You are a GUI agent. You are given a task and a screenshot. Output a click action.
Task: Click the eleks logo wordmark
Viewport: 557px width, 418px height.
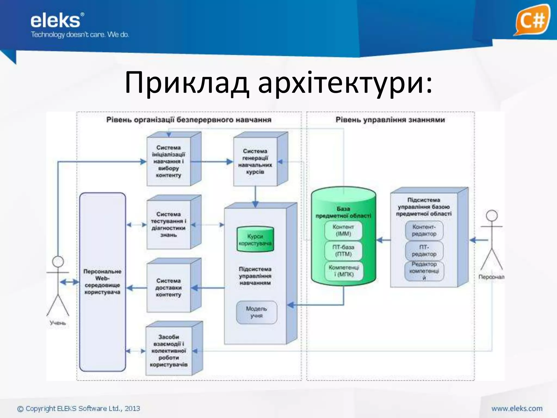[55, 21]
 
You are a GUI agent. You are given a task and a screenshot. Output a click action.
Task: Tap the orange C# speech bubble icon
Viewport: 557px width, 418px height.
[532, 20]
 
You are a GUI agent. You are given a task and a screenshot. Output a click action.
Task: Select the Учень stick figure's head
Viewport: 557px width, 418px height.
[58, 262]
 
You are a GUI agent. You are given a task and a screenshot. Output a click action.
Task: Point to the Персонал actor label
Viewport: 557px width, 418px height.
[491, 277]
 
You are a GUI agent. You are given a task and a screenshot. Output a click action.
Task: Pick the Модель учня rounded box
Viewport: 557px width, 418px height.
[256, 312]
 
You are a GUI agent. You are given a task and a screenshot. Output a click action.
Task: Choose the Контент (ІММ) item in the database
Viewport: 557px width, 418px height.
[343, 230]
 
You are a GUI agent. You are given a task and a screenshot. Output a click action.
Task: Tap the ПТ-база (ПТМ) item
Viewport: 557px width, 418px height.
[343, 251]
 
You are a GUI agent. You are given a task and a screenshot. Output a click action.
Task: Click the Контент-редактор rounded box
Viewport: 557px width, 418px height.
[424, 230]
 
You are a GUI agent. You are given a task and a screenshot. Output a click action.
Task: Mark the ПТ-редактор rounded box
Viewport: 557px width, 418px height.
[424, 251]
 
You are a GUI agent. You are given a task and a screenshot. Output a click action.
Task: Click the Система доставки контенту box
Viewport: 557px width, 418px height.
[169, 288]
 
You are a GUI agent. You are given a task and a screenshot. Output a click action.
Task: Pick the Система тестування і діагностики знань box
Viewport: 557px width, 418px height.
[169, 225]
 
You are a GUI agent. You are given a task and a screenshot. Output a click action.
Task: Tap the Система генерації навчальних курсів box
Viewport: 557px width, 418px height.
[255, 161]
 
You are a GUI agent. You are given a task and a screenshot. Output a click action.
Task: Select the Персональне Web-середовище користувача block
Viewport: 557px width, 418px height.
[103, 282]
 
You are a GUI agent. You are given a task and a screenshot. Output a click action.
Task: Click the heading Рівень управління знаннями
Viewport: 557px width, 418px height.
[390, 120]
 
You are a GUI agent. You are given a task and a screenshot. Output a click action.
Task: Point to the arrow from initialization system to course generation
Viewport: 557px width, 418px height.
[212, 162]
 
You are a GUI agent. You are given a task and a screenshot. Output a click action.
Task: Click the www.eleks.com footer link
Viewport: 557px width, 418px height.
[517, 408]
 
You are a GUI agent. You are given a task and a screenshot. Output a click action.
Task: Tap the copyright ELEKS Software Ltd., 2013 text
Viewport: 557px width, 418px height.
[79, 408]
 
